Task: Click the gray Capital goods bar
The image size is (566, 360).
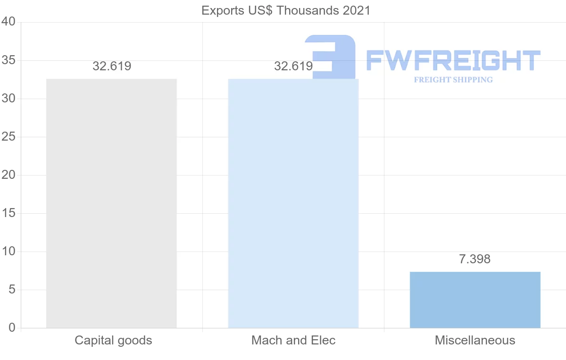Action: tap(111, 203)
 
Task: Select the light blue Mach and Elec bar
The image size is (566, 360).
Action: tap(293, 203)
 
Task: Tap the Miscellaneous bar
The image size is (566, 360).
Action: tap(475, 300)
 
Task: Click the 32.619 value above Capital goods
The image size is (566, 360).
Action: tap(112, 67)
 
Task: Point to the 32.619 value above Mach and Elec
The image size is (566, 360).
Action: tap(293, 67)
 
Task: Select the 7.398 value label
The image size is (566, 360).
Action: tap(475, 259)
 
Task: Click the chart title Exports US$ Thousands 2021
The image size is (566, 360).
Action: tap(286, 10)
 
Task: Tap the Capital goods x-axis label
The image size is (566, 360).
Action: tap(113, 340)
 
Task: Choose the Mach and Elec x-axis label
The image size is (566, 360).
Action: tap(293, 340)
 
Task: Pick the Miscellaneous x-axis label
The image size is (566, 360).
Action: tap(475, 340)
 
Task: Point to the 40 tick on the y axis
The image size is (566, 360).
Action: tap(9, 22)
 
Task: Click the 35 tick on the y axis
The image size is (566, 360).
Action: tap(9, 60)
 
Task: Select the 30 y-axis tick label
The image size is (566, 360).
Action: tap(9, 99)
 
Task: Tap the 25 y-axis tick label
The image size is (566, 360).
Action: tap(9, 137)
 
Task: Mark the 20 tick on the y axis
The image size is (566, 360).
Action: tap(9, 175)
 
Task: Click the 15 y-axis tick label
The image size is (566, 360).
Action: tap(9, 213)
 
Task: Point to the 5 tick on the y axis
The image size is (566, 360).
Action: tap(12, 290)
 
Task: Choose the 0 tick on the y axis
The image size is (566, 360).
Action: tap(12, 328)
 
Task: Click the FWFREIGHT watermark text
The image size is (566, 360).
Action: tap(453, 60)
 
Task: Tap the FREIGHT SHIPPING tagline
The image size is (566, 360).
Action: tap(453, 80)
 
